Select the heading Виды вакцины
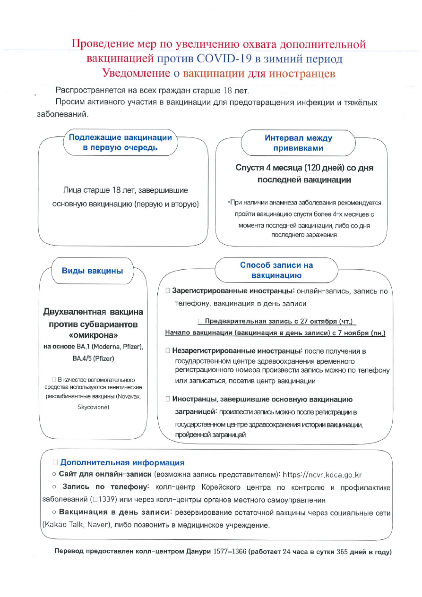tap(93, 271)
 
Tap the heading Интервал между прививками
tap(298, 143)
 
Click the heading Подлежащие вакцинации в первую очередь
tap(121, 143)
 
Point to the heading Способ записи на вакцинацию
tap(276, 270)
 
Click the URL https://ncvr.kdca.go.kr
tap(323, 475)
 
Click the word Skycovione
tap(93, 407)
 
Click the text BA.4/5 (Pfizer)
tap(93, 359)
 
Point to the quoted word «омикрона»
tap(93, 336)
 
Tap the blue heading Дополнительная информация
tap(122, 463)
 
